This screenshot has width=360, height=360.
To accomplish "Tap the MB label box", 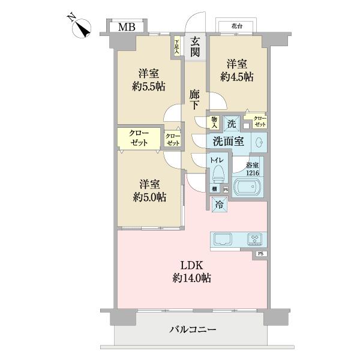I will [x=126, y=26].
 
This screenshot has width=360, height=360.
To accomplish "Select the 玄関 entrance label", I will [x=196, y=46].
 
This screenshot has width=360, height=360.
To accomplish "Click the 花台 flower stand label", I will [x=236, y=26].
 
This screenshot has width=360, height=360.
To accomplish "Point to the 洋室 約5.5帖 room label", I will [x=149, y=80].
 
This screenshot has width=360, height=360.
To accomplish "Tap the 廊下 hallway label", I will [x=194, y=99].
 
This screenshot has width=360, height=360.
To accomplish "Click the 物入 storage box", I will [x=214, y=122].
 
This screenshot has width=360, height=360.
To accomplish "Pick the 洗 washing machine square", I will [x=231, y=124].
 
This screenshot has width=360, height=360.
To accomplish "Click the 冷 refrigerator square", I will [x=218, y=204].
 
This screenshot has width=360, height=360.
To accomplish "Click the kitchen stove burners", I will [x=256, y=238].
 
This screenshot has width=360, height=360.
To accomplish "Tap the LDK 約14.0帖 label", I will [x=191, y=271].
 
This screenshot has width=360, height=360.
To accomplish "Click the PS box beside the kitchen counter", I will [x=260, y=253].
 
